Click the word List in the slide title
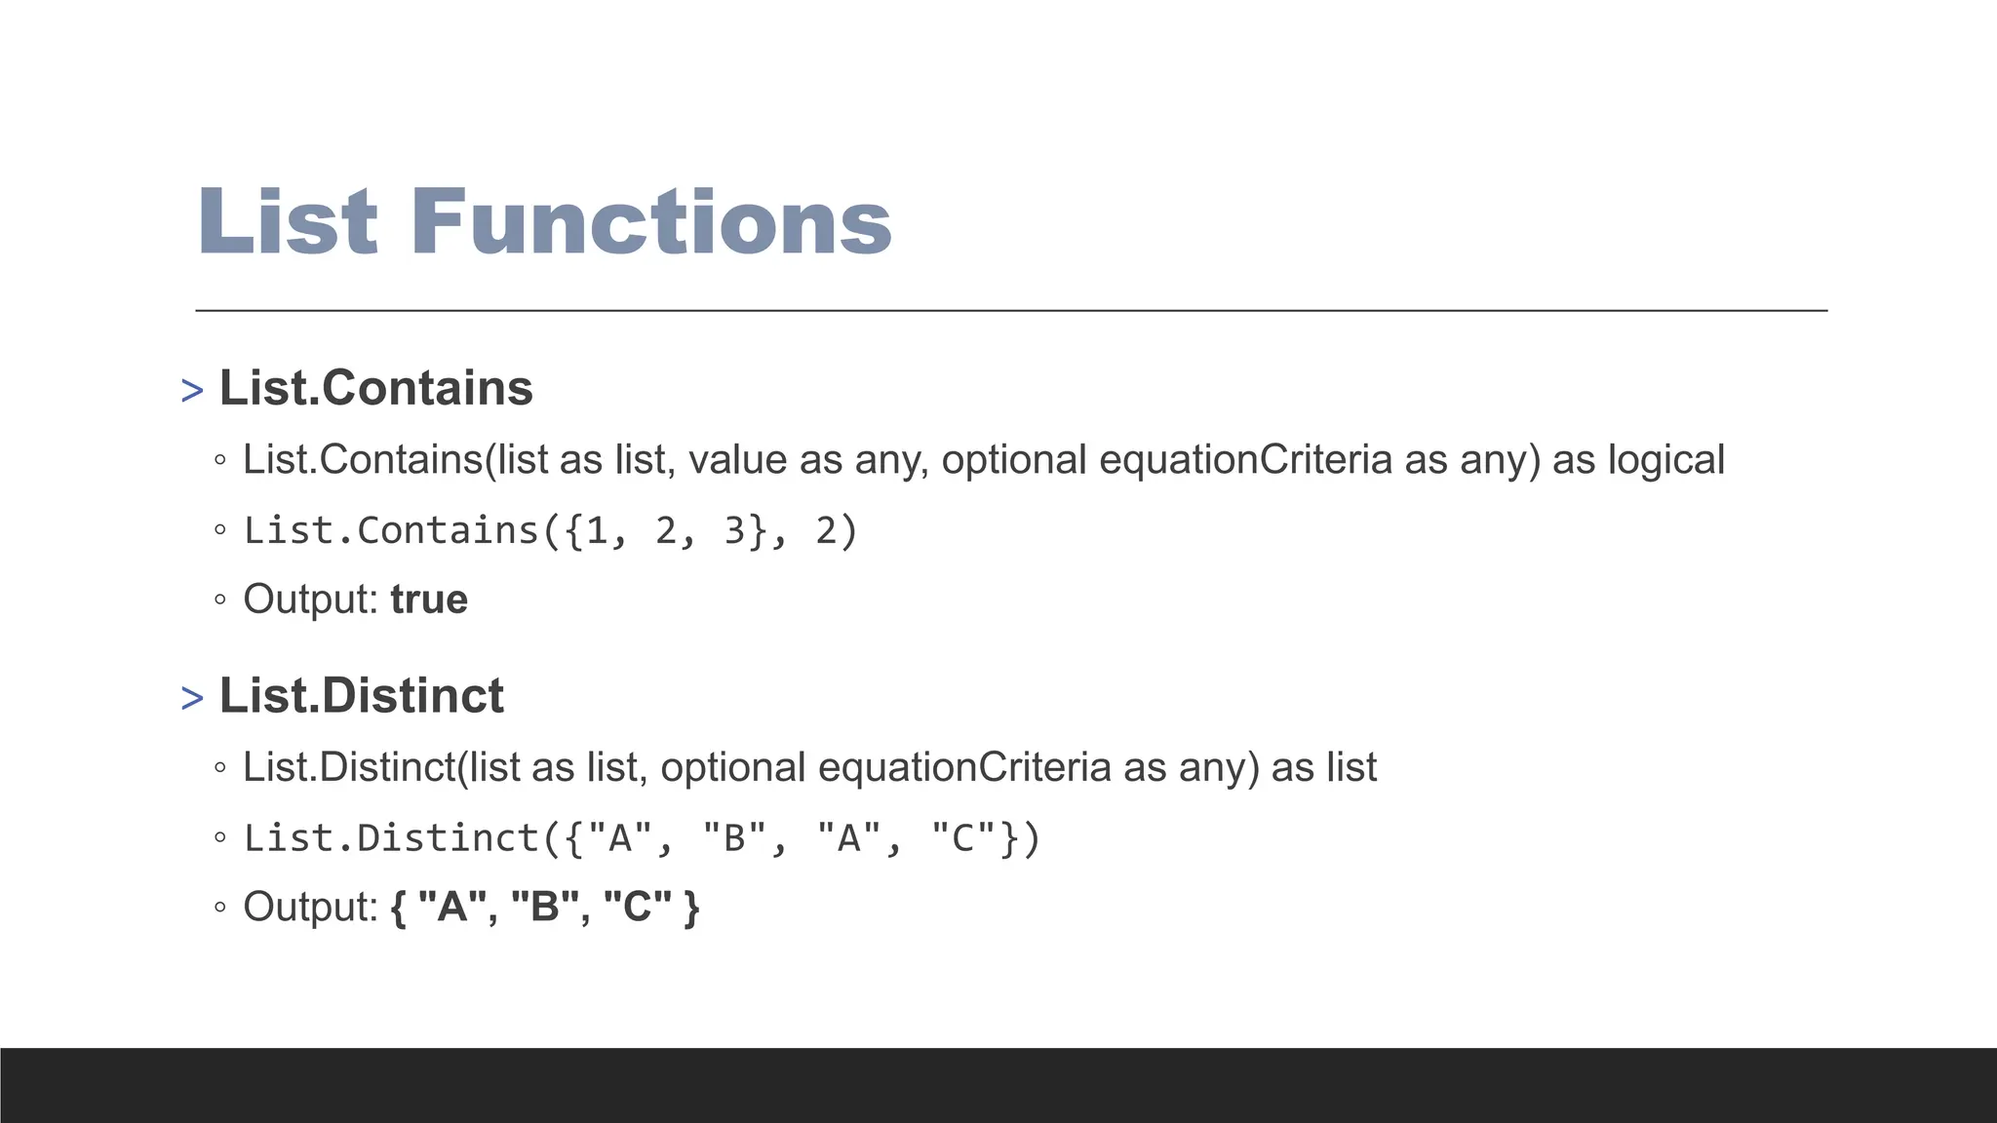(x=288, y=222)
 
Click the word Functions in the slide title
(x=651, y=222)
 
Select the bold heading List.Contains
(x=375, y=388)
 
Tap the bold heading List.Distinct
(x=361, y=696)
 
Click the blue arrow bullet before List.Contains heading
(x=192, y=391)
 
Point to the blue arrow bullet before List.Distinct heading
(x=192, y=699)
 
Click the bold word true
(x=429, y=600)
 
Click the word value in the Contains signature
(x=737, y=460)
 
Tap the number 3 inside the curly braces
(x=734, y=531)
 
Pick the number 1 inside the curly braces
(x=596, y=531)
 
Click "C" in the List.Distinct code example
(x=962, y=838)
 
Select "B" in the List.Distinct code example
(x=734, y=838)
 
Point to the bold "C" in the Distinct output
(x=637, y=907)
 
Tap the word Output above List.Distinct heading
(x=309, y=600)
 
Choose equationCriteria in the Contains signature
(x=1245, y=460)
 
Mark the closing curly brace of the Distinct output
(x=691, y=908)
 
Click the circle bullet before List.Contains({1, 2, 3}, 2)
(x=220, y=531)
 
